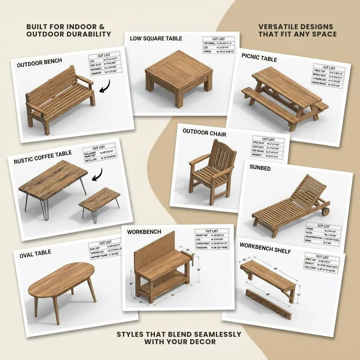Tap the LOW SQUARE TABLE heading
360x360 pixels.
click(x=156, y=38)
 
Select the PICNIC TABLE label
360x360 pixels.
click(x=259, y=58)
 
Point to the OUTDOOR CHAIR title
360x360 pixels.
click(x=204, y=133)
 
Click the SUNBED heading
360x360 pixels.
click(x=260, y=168)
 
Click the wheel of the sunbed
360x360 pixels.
click(x=326, y=212)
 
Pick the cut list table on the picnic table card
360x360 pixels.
click(x=327, y=76)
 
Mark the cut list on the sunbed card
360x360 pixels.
click(x=322, y=234)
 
